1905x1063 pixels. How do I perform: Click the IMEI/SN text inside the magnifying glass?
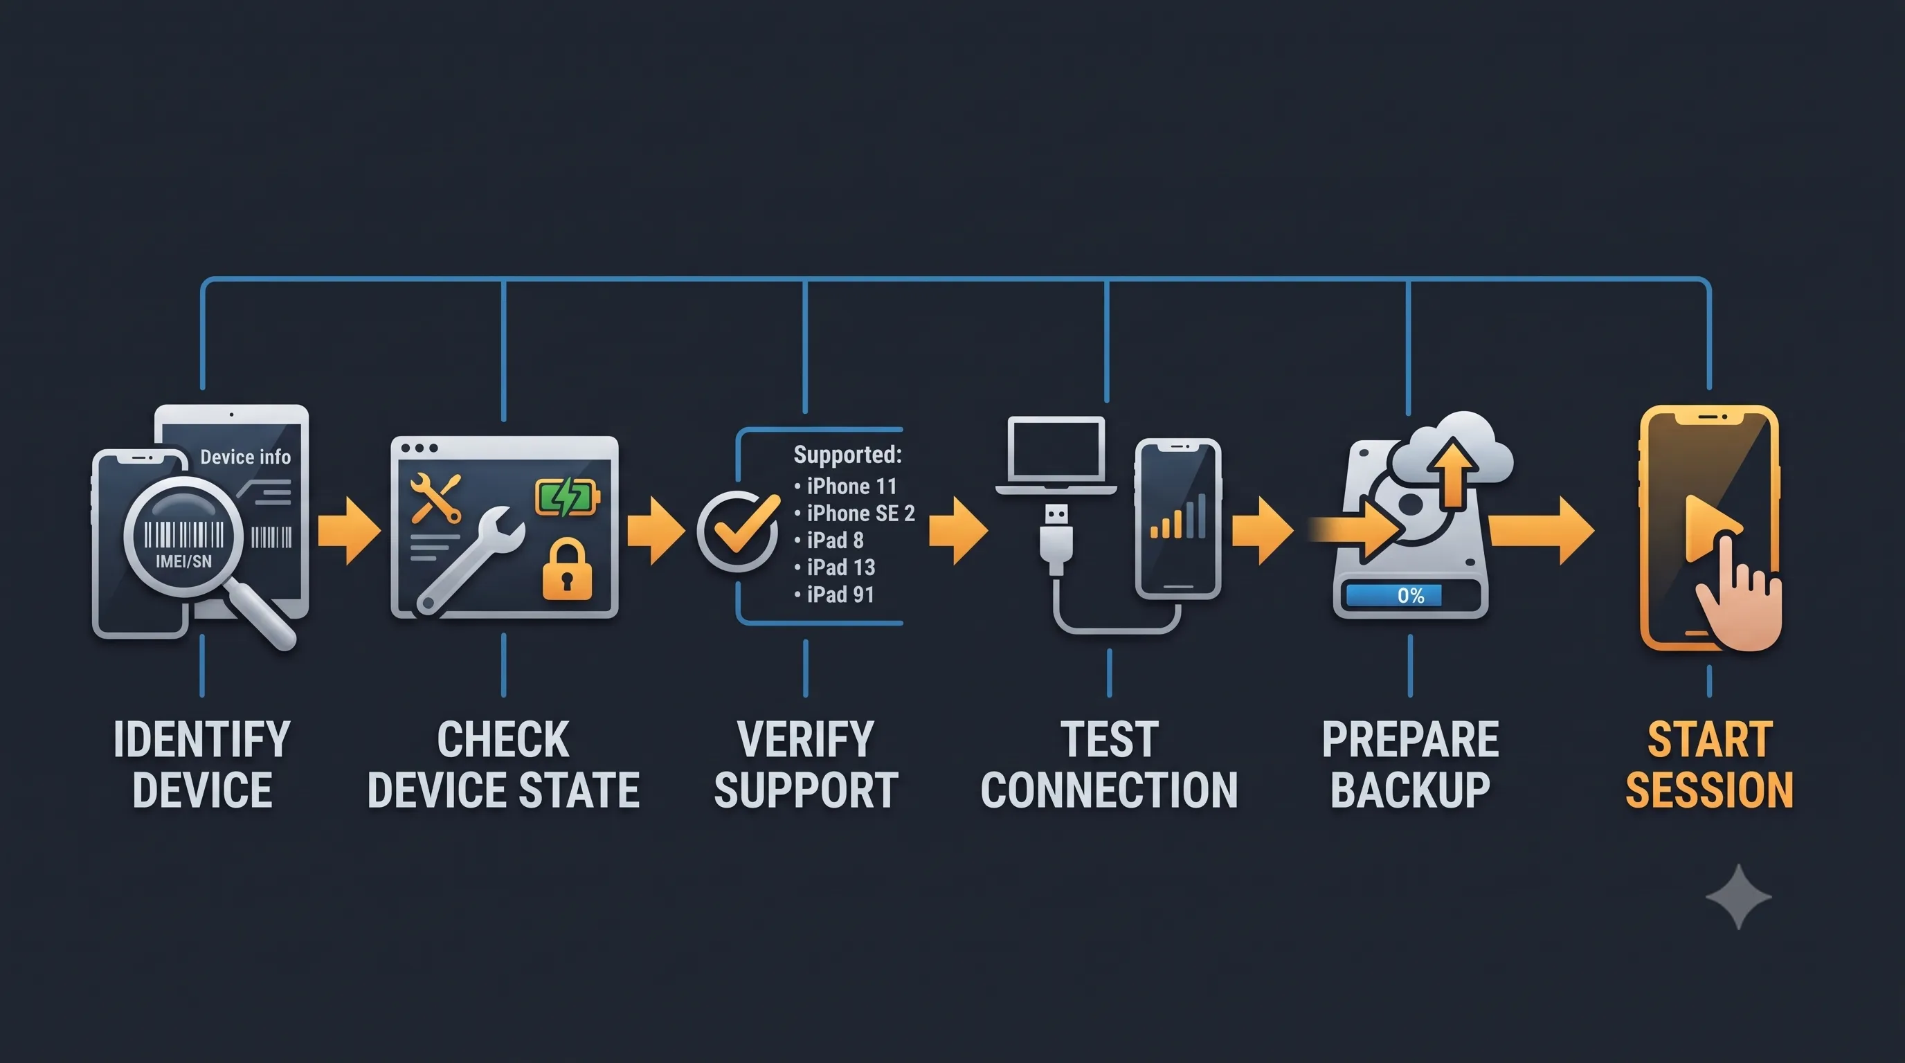pyautogui.click(x=183, y=561)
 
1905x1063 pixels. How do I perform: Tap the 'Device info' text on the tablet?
pyautogui.click(x=246, y=457)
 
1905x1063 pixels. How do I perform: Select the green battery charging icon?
pyautogui.click(x=567, y=497)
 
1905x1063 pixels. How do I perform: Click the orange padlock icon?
pyautogui.click(x=567, y=568)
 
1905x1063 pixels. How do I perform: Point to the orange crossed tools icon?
pyautogui.click(x=435, y=498)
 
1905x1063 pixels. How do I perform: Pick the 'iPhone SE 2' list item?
pyautogui.click(x=860, y=513)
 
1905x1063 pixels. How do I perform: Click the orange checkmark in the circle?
pyautogui.click(x=747, y=524)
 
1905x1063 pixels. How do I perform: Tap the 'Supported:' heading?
pyautogui.click(x=847, y=454)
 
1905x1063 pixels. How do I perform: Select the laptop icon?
pyautogui.click(x=1056, y=455)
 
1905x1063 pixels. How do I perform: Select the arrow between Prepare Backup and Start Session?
pyautogui.click(x=1541, y=531)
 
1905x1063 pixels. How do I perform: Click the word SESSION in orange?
pyautogui.click(x=1709, y=790)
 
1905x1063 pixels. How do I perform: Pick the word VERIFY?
pyautogui.click(x=805, y=739)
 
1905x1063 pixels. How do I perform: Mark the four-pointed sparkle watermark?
pyautogui.click(x=1738, y=897)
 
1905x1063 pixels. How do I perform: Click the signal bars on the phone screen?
pyautogui.click(x=1178, y=516)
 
